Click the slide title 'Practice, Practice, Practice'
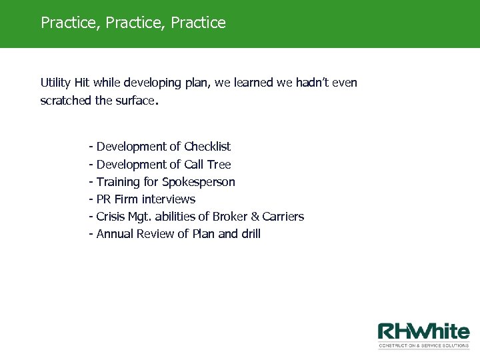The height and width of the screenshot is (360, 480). (133, 23)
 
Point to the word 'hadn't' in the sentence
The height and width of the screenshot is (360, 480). (310, 83)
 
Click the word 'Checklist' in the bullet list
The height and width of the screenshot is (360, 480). (207, 146)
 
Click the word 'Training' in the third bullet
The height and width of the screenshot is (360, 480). (118, 181)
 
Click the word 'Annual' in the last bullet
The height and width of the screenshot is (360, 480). (116, 234)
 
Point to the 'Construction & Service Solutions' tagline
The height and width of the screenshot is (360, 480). (423, 345)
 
